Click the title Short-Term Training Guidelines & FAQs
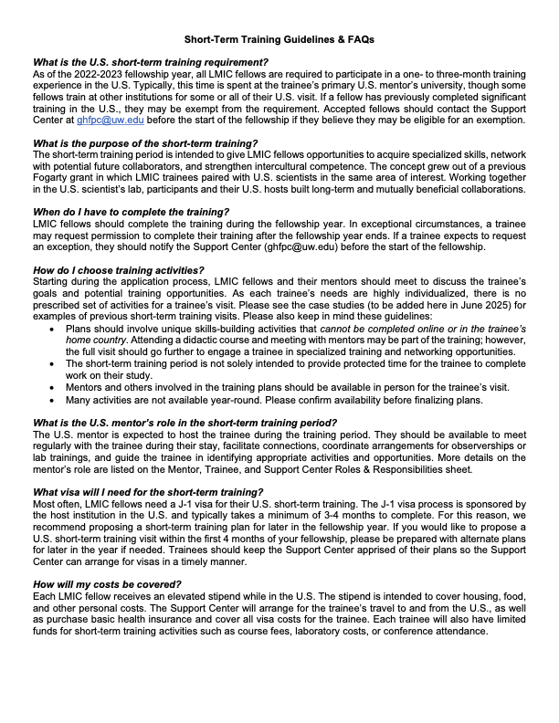279,40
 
